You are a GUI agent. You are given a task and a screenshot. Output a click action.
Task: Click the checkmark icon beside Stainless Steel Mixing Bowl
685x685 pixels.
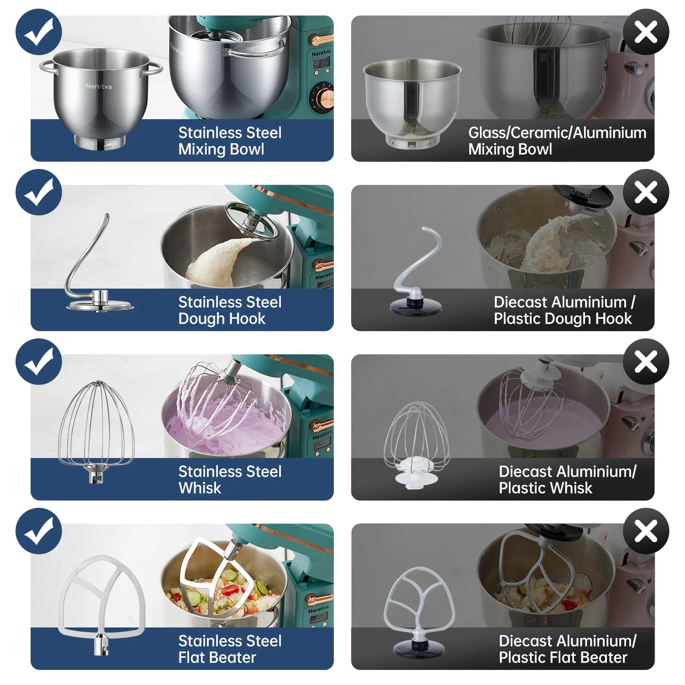(x=39, y=32)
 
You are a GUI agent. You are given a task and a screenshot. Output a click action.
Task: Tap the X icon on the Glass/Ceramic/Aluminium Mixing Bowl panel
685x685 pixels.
(x=646, y=32)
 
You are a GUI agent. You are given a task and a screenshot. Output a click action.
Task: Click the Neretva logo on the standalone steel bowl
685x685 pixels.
(x=99, y=86)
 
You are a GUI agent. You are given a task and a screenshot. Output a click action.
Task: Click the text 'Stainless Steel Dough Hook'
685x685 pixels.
(x=230, y=310)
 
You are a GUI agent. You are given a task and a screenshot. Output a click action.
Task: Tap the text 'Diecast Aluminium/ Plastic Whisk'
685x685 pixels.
(x=568, y=479)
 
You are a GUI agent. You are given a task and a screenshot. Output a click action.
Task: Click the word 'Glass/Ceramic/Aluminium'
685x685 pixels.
(x=557, y=132)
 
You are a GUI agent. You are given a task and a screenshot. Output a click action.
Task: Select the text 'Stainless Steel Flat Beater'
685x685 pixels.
(x=230, y=649)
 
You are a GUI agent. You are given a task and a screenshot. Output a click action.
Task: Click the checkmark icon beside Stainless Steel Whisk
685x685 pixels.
(x=39, y=361)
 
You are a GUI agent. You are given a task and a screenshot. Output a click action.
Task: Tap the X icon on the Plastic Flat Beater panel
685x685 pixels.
(x=646, y=531)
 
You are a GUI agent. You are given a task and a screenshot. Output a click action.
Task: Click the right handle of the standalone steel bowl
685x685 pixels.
(x=154, y=68)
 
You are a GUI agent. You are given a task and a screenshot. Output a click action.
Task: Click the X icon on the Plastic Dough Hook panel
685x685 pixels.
(x=646, y=192)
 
